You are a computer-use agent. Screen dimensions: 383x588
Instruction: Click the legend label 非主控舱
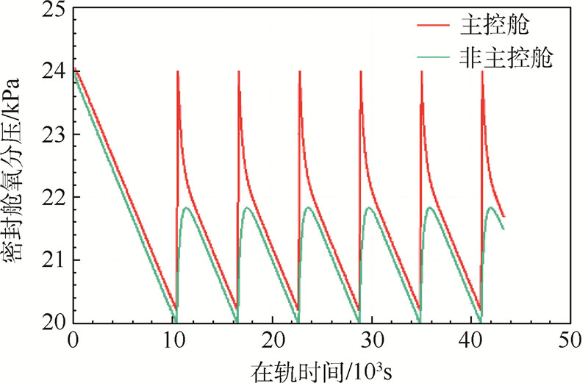[506, 59]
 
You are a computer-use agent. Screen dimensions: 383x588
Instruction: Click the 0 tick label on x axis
[73, 340]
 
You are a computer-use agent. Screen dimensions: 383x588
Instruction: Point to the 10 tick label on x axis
[173, 340]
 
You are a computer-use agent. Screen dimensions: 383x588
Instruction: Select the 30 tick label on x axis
[372, 340]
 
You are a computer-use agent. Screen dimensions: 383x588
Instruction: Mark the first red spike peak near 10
[178, 72]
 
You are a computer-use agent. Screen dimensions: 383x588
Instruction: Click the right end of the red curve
[504, 216]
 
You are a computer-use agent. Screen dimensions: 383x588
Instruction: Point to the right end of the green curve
[503, 229]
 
